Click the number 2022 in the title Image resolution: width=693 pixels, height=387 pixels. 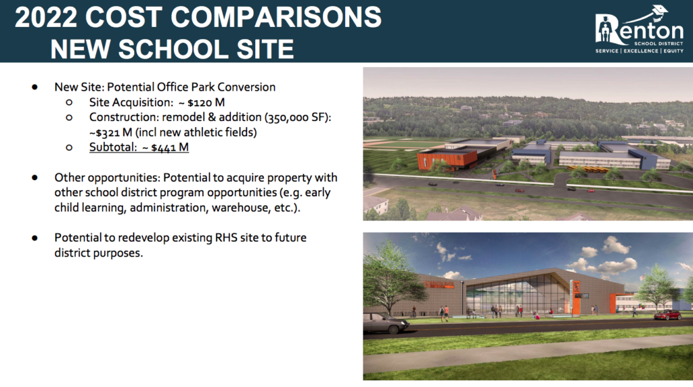click(x=45, y=17)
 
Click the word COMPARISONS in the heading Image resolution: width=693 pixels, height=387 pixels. click(x=276, y=17)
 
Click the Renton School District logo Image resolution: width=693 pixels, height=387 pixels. click(x=639, y=30)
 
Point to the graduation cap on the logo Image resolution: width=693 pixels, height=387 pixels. click(x=660, y=11)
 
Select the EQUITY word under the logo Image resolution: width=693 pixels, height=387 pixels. click(x=673, y=51)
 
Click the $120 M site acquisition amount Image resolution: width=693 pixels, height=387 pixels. click(x=206, y=102)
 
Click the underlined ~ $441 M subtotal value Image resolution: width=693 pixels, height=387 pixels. click(x=165, y=147)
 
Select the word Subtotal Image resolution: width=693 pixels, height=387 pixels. click(x=113, y=147)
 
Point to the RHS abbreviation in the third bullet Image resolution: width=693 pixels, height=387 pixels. click(x=226, y=237)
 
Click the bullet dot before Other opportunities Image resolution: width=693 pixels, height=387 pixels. click(x=35, y=177)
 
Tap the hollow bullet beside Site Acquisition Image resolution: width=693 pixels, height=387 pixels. click(x=69, y=102)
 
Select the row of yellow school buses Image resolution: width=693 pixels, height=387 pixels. click(x=588, y=168)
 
